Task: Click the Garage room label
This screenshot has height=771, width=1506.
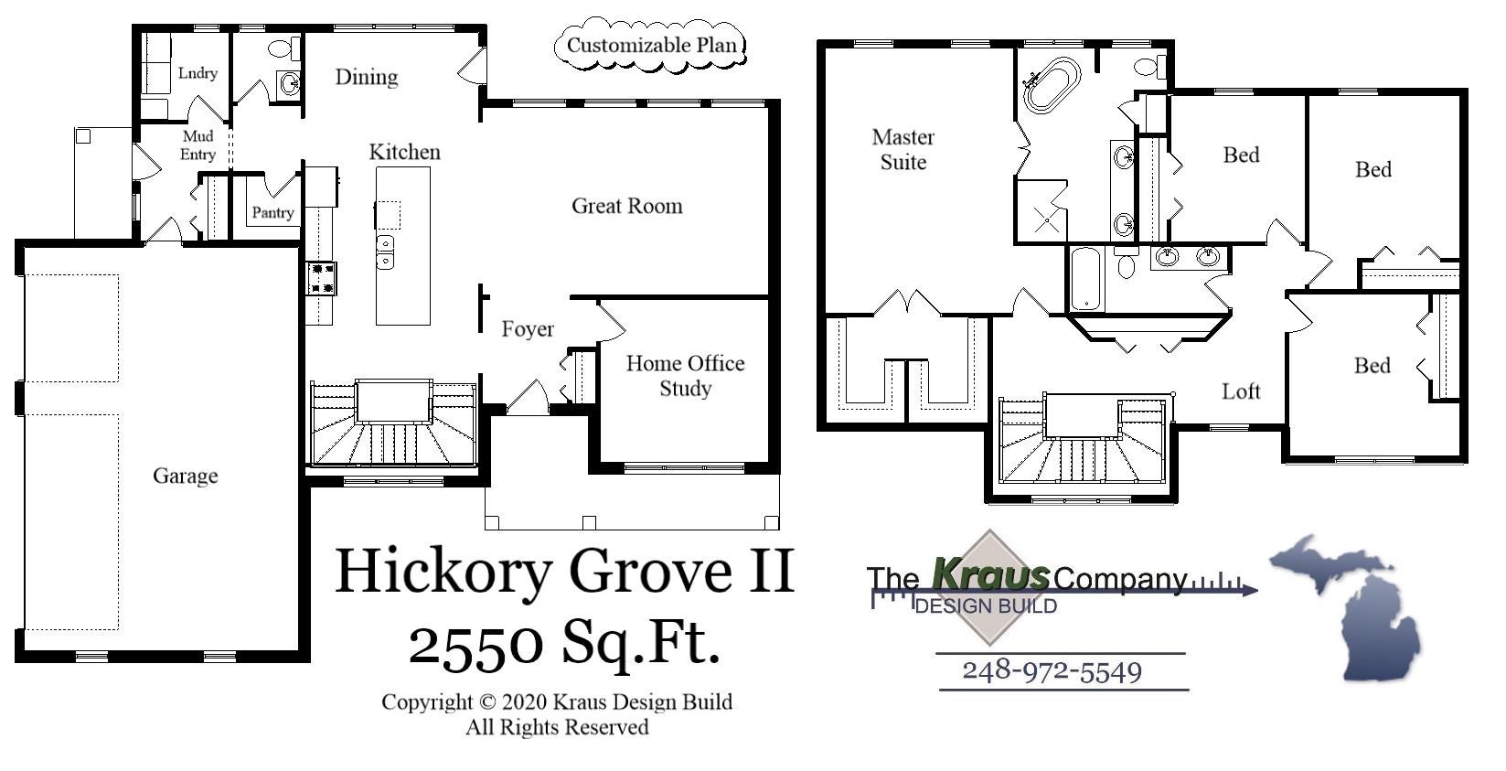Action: click(186, 476)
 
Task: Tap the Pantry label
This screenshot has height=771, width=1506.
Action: click(272, 213)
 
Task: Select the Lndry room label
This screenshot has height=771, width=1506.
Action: click(198, 73)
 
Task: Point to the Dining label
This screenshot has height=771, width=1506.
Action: click(366, 77)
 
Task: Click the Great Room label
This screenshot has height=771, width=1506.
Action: click(626, 206)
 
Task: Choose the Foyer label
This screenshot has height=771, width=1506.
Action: click(528, 329)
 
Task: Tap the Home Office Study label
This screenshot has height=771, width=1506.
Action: click(685, 376)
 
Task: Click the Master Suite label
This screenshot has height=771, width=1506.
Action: click(903, 150)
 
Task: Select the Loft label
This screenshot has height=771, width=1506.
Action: click(1241, 391)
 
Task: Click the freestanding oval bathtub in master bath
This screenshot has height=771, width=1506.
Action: click(1052, 84)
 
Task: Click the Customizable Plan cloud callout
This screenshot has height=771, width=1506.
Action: click(651, 45)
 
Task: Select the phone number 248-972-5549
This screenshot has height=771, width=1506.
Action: click(1052, 671)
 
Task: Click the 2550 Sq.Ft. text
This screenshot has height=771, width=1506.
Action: click(563, 642)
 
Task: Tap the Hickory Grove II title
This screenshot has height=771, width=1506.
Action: click(564, 571)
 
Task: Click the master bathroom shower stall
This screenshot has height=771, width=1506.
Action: click(1041, 211)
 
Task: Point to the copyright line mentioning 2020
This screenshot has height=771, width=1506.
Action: click(557, 702)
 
